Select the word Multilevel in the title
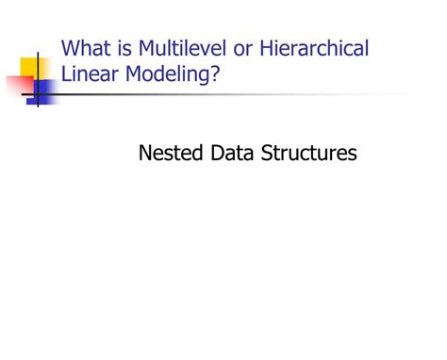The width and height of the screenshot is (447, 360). point(176,48)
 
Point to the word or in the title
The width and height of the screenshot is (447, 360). point(236,48)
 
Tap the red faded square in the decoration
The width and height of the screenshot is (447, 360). point(20,87)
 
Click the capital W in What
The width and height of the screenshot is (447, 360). point(71,48)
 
